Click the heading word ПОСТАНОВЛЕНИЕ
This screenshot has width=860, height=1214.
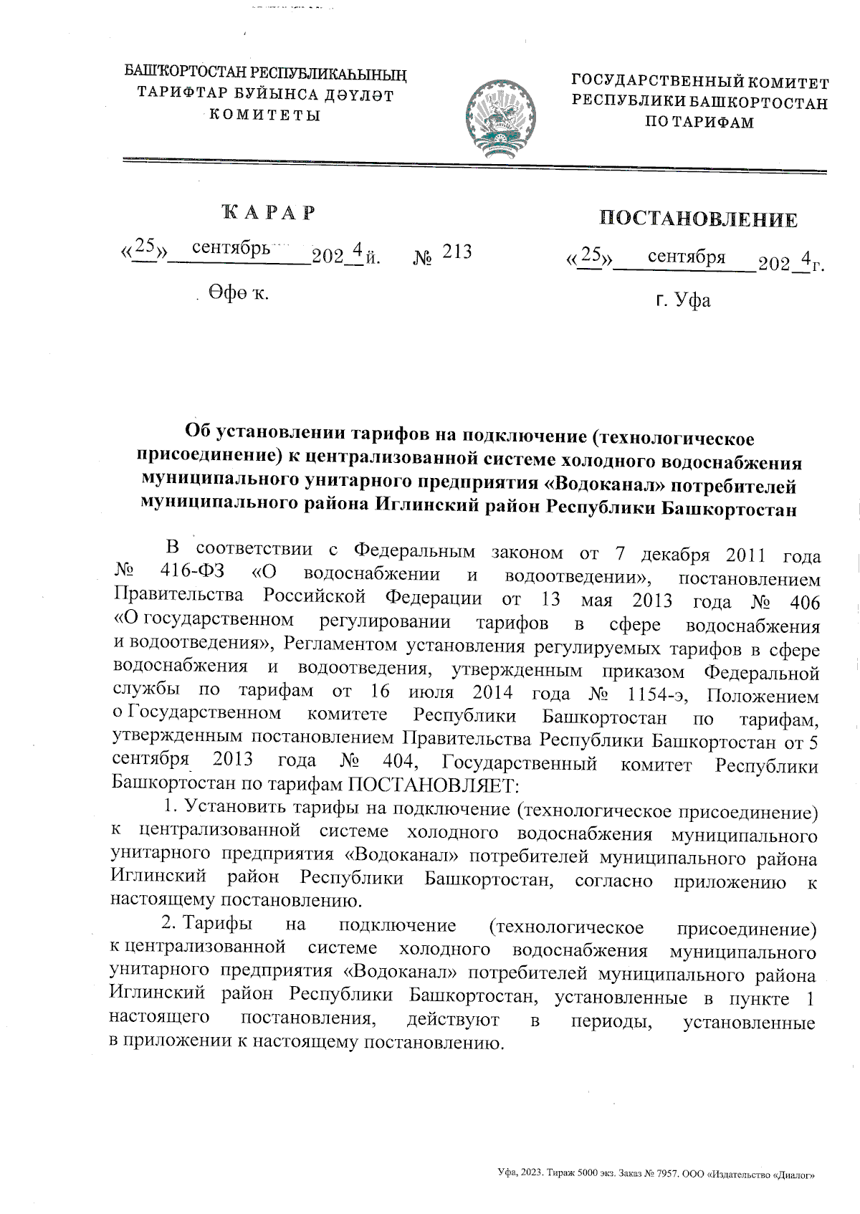coord(699,219)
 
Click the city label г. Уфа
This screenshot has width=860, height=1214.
coord(683,300)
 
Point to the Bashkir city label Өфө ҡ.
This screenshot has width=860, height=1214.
coord(239,292)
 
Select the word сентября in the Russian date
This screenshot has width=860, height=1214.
coord(687,257)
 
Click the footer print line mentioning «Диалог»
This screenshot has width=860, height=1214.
coord(657,1175)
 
